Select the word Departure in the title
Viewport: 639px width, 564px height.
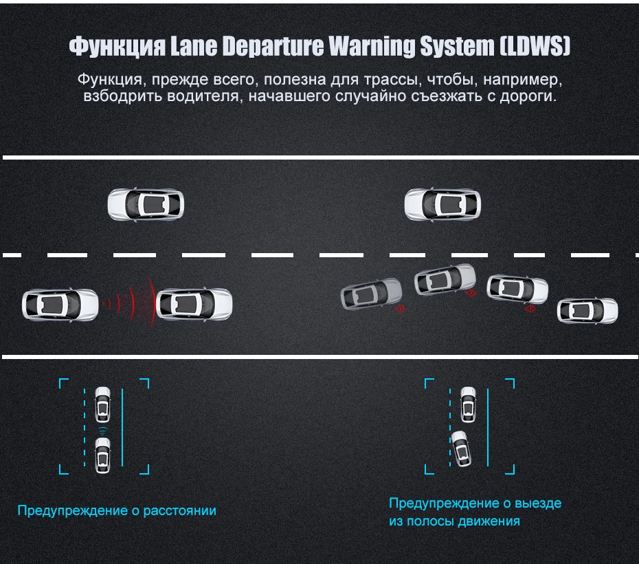pyautogui.click(x=273, y=46)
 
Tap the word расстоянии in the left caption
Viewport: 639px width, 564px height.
pyautogui.click(x=180, y=510)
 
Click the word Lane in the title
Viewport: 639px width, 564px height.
pyautogui.click(x=194, y=45)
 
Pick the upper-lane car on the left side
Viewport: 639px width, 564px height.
pyautogui.click(x=146, y=204)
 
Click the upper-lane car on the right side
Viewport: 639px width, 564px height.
pyautogui.click(x=442, y=204)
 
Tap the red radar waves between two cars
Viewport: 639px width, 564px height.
pyautogui.click(x=130, y=303)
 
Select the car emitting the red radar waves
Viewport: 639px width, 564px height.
pyautogui.click(x=60, y=305)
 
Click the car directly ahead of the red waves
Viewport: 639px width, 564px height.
pyautogui.click(x=194, y=305)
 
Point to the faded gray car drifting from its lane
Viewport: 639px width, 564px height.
pyautogui.click(x=371, y=294)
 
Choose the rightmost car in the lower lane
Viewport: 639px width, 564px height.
pyautogui.click(x=587, y=311)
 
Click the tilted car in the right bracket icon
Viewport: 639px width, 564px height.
pyautogui.click(x=461, y=448)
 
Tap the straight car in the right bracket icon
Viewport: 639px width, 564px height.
pyautogui.click(x=468, y=405)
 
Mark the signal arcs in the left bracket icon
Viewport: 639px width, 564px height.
pyautogui.click(x=102, y=431)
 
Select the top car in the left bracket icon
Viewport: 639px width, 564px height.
pyautogui.click(x=102, y=404)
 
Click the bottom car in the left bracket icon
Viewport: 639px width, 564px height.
pyautogui.click(x=102, y=455)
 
